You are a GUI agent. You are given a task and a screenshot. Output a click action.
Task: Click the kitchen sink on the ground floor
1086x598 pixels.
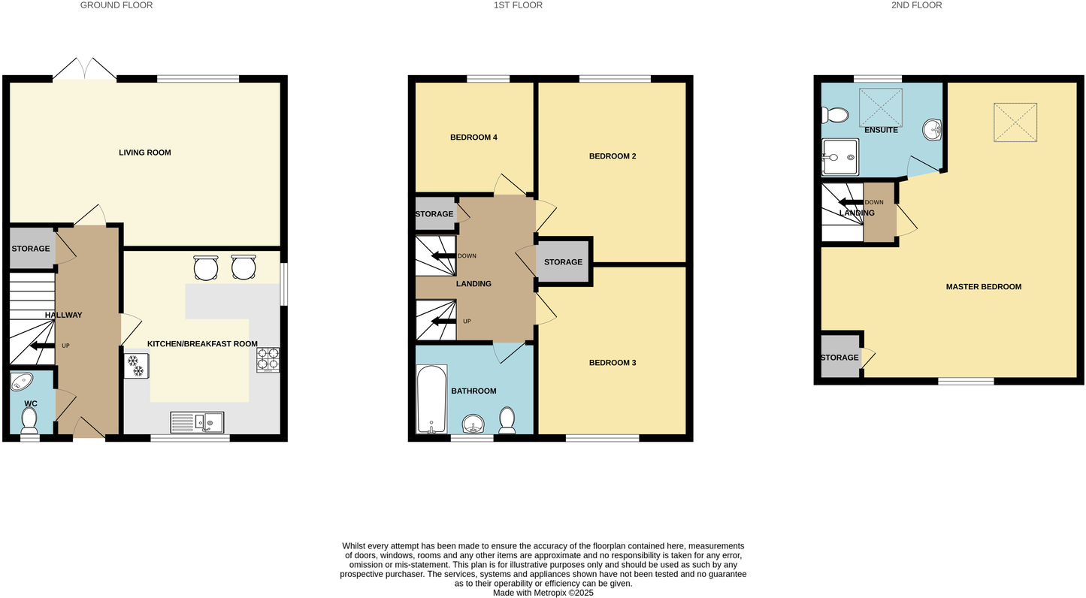point(197,423)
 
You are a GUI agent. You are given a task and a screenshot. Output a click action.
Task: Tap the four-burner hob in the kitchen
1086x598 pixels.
point(268,360)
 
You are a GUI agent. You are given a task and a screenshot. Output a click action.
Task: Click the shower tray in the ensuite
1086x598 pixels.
point(840,157)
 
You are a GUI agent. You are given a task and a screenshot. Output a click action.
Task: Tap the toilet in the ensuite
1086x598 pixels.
point(834,115)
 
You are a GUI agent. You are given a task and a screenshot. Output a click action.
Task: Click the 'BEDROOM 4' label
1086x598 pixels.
point(473,137)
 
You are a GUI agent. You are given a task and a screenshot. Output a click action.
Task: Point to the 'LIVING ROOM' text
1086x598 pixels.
point(145,153)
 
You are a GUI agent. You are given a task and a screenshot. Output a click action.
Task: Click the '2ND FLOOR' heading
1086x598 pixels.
point(916,5)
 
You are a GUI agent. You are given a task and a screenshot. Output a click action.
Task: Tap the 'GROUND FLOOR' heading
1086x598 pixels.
point(116,5)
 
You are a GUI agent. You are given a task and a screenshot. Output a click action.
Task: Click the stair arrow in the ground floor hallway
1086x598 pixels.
point(38,346)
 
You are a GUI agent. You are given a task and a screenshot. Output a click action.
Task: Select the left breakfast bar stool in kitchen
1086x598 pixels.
point(206,267)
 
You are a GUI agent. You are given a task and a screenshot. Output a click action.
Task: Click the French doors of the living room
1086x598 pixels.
point(84,69)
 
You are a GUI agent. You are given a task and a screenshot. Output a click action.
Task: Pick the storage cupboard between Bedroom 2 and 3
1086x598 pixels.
point(564,261)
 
